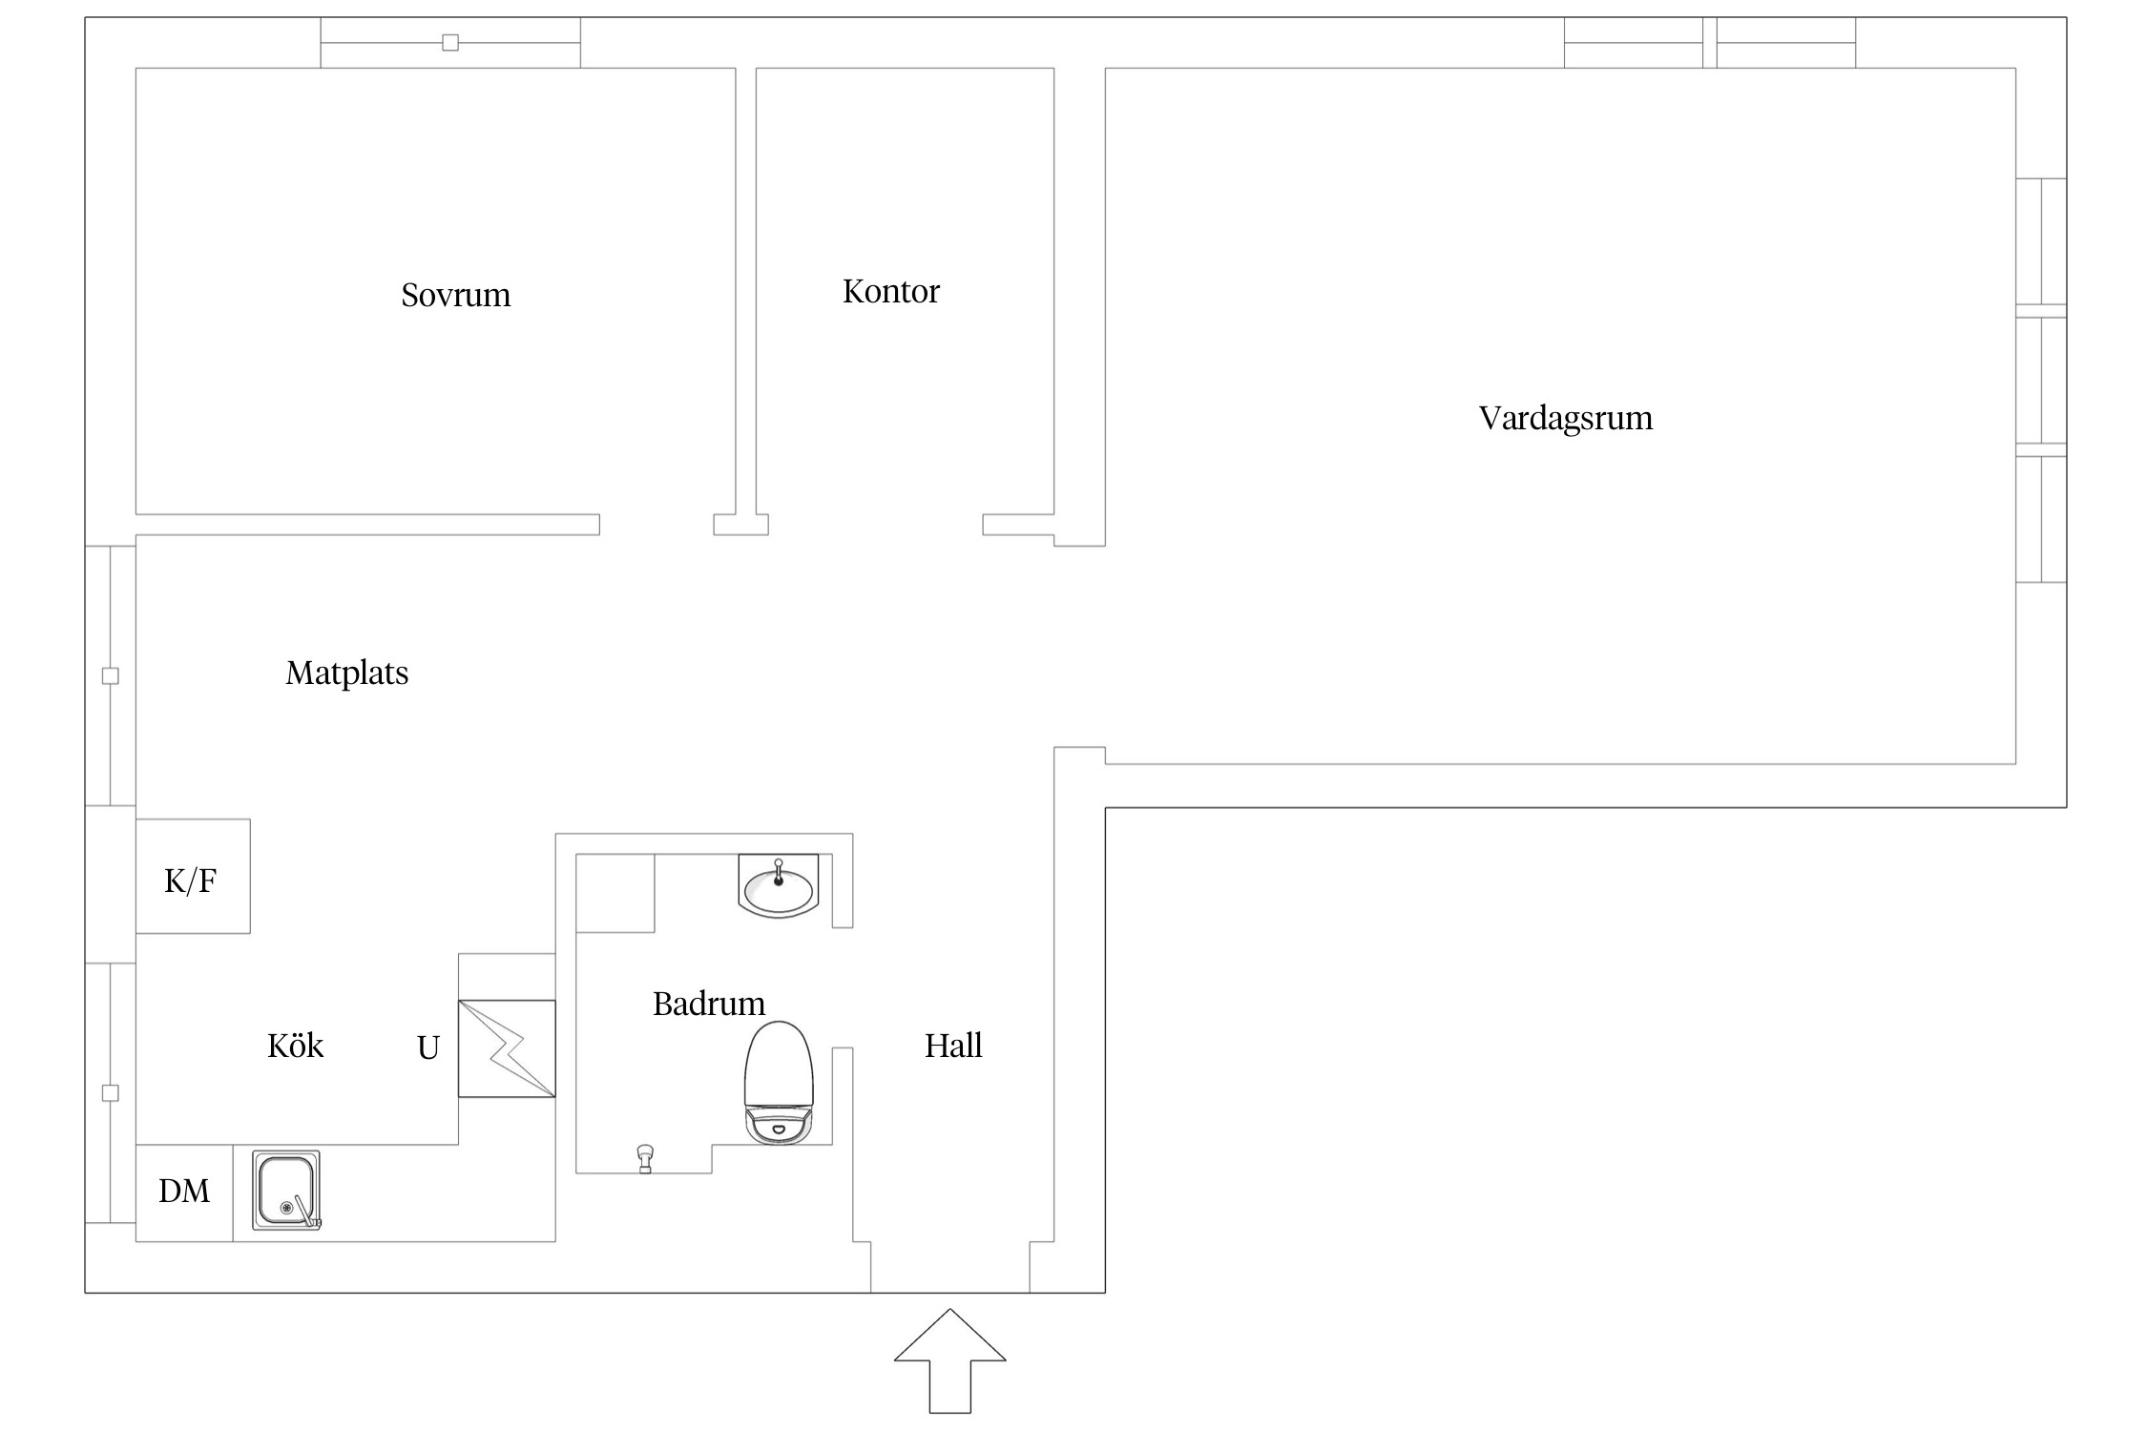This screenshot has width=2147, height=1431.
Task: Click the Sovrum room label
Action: click(455, 295)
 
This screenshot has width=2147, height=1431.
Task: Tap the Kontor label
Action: click(891, 291)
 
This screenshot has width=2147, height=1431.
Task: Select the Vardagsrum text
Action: click(1566, 418)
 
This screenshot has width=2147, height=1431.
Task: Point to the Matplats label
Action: click(346, 674)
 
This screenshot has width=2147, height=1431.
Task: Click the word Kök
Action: click(295, 1046)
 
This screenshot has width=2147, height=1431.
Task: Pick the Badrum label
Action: click(709, 1004)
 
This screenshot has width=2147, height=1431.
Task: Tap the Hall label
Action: click(953, 1046)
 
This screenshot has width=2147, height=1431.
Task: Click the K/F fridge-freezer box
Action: click(193, 876)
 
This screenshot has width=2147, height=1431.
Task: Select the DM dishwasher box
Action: click(184, 1192)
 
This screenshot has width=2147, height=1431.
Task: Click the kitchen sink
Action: click(286, 1190)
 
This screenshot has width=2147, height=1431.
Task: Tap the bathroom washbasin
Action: click(779, 885)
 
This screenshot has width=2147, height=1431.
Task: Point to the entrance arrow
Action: click(950, 1359)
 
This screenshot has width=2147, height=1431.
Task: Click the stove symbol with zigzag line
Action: click(507, 1048)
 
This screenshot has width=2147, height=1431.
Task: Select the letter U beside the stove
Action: click(428, 1048)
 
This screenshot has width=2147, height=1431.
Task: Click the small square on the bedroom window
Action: click(450, 42)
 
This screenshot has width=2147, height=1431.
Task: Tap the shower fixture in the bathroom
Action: click(645, 1158)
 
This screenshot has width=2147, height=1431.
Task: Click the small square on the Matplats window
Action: click(111, 675)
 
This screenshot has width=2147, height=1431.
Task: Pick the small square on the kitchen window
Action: click(111, 1093)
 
